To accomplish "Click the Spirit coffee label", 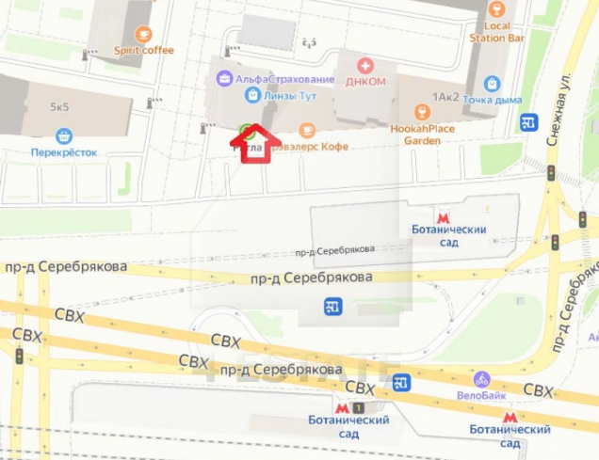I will click(x=144, y=50).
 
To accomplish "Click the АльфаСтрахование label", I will click(x=285, y=78).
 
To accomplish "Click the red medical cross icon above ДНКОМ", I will click(x=366, y=65).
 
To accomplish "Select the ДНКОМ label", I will click(x=366, y=81).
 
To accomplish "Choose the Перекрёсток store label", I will click(x=64, y=151).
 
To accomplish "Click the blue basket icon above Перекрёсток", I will click(x=63, y=135).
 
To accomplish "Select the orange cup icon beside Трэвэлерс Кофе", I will click(x=305, y=130).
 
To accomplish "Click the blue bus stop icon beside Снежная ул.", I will click(x=528, y=122).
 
